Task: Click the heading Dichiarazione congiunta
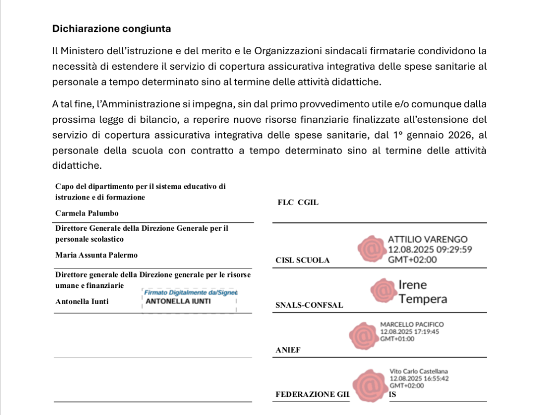click(x=111, y=29)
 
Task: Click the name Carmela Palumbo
click(x=87, y=213)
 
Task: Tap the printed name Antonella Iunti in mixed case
click(x=82, y=301)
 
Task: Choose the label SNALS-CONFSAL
click(x=309, y=305)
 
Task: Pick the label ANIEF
click(x=288, y=350)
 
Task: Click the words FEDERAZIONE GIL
click(x=312, y=395)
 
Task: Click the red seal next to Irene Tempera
click(x=383, y=292)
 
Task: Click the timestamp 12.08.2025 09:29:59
click(x=430, y=249)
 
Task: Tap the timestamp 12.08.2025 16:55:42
click(x=419, y=379)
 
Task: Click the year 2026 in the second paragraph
click(x=459, y=135)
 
